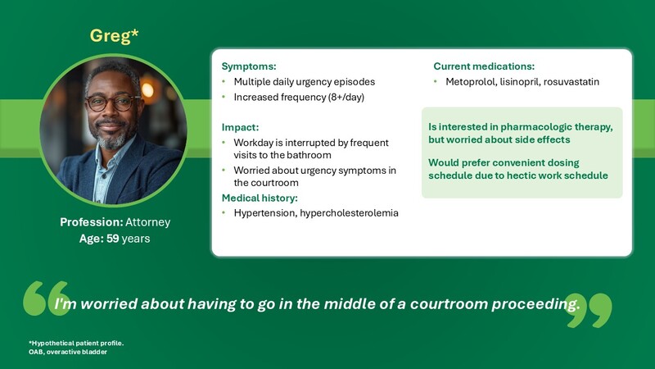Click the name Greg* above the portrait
click(114, 36)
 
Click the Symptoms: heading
click(249, 66)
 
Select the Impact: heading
click(240, 127)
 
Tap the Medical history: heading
click(260, 198)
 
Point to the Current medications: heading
click(484, 66)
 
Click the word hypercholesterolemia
click(350, 213)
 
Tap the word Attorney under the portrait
click(148, 222)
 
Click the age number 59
click(113, 239)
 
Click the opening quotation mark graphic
click(46, 298)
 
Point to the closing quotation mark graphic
click(589, 311)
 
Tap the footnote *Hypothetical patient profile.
click(76, 343)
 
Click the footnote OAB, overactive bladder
click(68, 352)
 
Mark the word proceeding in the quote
click(535, 303)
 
